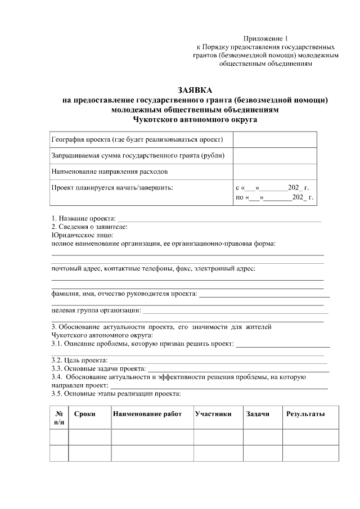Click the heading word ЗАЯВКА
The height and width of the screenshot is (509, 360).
195,90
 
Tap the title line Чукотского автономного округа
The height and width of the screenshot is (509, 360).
195,119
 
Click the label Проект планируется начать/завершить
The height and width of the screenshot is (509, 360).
112,187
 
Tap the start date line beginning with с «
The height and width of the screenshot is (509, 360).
272,187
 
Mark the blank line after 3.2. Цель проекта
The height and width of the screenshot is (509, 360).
217,361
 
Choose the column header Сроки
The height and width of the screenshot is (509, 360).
84,414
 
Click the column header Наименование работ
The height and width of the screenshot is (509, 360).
147,414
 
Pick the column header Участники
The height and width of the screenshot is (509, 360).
213,414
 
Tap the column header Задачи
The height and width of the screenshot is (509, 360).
258,414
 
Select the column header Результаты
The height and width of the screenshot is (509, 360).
305,414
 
